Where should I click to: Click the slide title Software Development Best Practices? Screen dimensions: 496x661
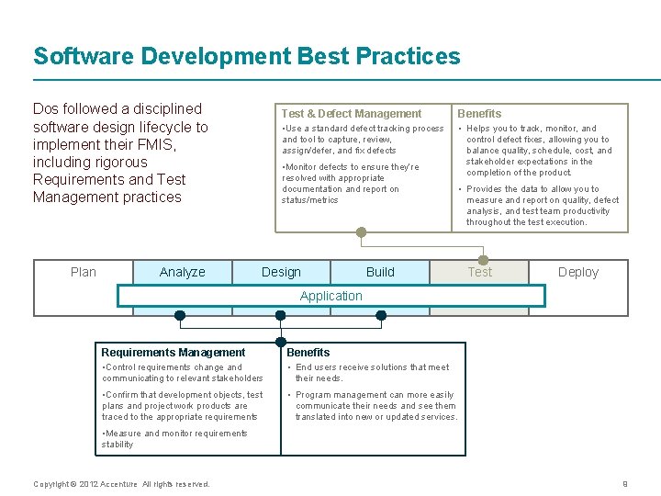247,56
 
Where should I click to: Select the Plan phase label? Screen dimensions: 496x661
84,272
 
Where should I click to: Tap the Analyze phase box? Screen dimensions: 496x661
183,272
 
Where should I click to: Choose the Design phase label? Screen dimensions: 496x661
281,272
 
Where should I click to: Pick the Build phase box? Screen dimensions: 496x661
380,272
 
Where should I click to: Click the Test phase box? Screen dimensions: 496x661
479,272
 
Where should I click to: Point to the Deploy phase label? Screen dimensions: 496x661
578,272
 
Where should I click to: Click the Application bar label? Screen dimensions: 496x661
330,296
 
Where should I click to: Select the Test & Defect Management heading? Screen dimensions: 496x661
352,114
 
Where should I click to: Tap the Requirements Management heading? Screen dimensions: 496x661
174,353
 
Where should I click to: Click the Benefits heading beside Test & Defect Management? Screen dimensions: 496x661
479,114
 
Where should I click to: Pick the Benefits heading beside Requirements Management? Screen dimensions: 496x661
308,353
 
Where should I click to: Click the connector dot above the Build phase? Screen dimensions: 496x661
362,232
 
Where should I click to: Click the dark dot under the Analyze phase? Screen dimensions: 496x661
180,315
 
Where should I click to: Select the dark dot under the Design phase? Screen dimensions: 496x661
281,315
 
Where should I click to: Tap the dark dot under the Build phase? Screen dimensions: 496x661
381,315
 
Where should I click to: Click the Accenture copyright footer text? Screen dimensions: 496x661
121,484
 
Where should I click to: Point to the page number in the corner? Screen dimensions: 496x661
625,484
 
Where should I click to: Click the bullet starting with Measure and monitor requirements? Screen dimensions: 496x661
174,439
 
